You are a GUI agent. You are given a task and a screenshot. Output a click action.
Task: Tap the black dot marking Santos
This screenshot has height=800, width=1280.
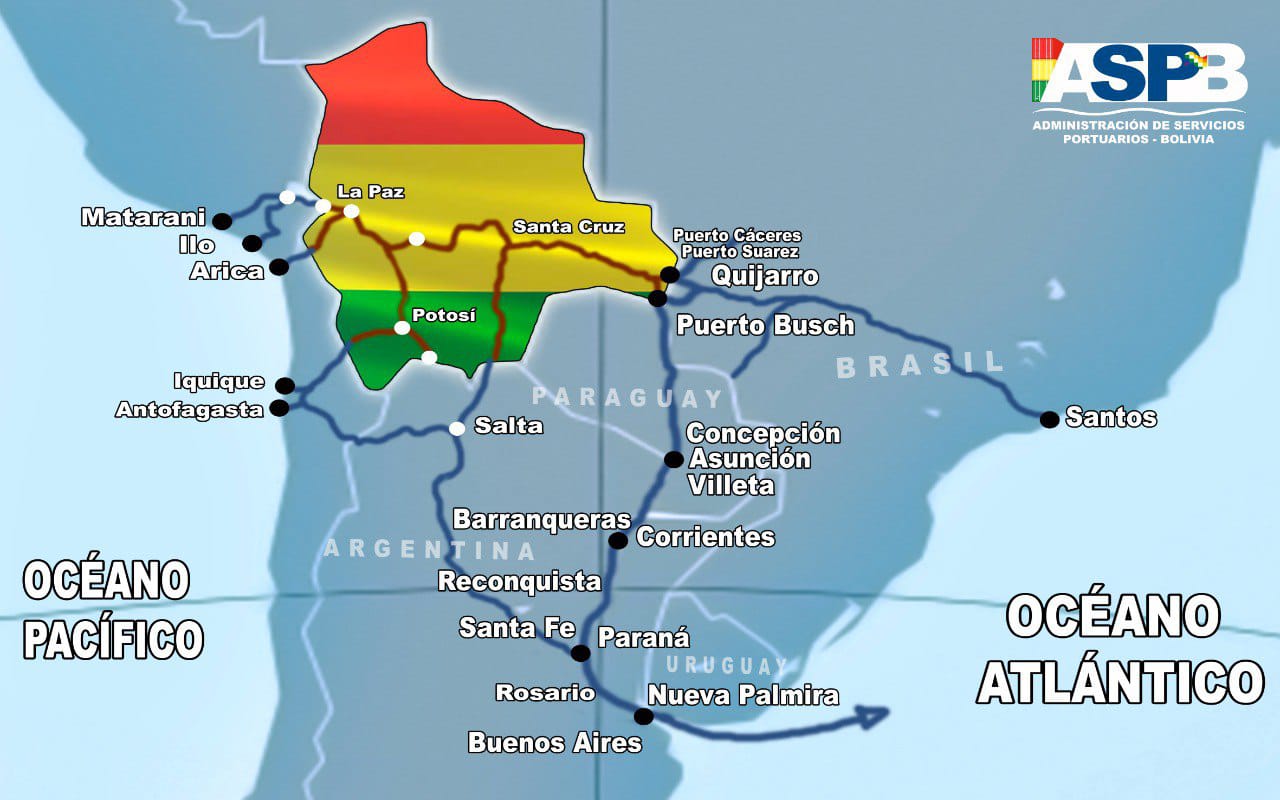point(1049,419)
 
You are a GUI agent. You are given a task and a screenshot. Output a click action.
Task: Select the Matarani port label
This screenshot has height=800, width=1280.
point(143,217)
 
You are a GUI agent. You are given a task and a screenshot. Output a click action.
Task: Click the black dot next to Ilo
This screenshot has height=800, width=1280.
point(252,243)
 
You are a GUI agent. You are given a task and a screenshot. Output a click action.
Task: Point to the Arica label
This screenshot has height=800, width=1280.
point(226,271)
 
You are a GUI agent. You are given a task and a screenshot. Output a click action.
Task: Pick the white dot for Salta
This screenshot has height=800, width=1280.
point(457,428)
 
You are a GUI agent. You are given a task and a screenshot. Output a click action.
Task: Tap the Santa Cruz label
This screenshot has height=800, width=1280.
point(568,227)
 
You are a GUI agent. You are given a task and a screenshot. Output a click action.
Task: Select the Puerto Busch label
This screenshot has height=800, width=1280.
point(765,325)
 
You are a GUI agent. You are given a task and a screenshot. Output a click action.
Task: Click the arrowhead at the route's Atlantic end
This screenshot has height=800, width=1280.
point(873,715)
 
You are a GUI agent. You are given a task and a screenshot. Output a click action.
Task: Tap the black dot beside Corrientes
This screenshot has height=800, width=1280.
point(618,540)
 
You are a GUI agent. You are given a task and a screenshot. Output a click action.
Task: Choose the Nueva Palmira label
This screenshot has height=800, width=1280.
point(742,695)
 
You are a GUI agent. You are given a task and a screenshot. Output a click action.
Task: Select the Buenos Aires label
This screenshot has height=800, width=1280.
point(554,742)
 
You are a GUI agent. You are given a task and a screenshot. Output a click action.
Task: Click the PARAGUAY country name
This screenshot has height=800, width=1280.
point(626,398)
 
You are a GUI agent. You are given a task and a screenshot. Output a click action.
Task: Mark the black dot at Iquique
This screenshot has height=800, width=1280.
point(285,385)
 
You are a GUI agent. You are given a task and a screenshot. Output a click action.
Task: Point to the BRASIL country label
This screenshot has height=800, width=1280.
point(919,364)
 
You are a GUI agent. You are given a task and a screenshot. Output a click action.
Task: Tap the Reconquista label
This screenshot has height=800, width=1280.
point(519,581)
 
